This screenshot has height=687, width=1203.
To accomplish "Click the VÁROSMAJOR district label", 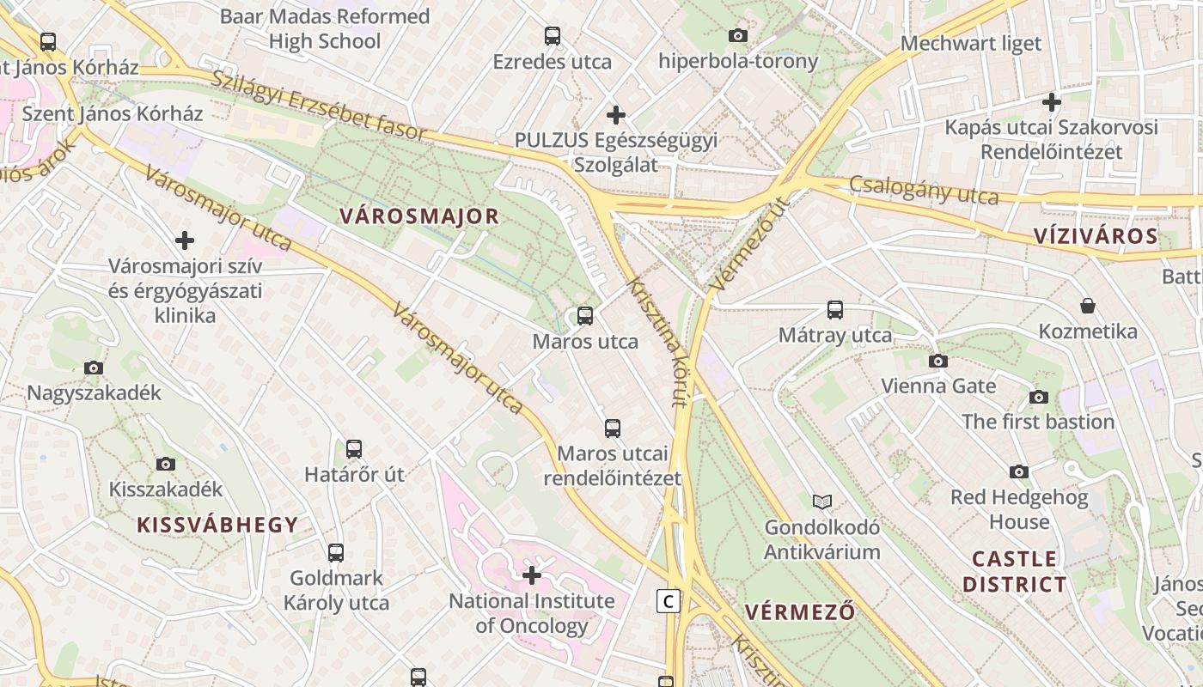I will coord(419,216).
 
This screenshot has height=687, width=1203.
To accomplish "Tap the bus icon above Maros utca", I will coord(585,316).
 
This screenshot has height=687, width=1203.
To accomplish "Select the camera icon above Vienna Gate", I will coord(938,361).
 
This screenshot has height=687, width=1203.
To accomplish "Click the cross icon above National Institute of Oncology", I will coord(532,575).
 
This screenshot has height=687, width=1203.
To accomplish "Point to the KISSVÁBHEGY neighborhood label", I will coord(217,525).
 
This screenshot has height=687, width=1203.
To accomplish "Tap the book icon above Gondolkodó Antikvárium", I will coord(822,502).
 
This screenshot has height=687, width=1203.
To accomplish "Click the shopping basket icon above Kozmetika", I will coord(1087,306).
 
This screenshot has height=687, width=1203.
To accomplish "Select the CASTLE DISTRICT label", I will coord(1014,572).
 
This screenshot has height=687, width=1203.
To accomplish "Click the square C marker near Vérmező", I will coord(668,601).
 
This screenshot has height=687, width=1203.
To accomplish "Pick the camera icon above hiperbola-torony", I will coord(738,35).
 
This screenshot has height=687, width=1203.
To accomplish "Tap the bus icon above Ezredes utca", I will coord(553,36).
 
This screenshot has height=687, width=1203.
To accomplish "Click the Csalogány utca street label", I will coord(924,190).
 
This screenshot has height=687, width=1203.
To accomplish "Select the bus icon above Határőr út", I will coord(354,448).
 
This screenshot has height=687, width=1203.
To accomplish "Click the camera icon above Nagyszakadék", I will coord(94,368).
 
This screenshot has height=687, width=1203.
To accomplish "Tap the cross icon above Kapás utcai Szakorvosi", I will coord(1051,102).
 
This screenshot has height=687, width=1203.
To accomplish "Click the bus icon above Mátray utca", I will coord(835,310).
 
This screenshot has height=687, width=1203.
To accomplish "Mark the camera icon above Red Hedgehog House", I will coord(1019,471).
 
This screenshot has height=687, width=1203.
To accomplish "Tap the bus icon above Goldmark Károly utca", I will coord(336,552).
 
